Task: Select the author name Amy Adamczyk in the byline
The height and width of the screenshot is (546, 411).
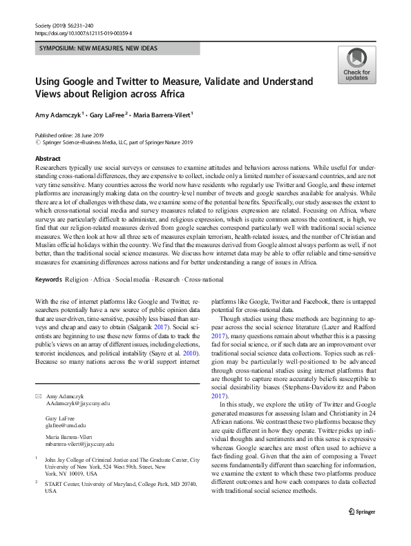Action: (60, 115)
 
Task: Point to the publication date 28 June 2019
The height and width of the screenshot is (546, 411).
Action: (90, 135)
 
